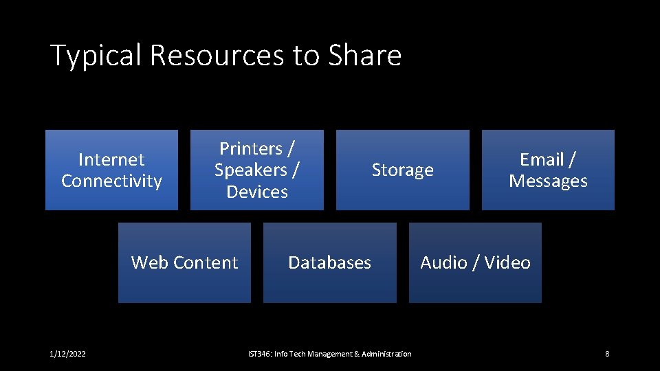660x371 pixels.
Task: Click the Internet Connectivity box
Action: point(111,170)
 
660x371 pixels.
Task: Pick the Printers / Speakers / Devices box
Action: point(256,170)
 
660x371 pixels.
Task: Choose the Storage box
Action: point(402,170)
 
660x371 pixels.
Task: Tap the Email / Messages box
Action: point(548,170)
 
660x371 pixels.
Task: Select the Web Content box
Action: point(184,262)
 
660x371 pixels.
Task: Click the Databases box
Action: point(329,262)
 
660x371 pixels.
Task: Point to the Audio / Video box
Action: point(475,262)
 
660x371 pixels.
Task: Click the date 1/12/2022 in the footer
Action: point(68,354)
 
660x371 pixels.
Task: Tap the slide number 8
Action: point(607,354)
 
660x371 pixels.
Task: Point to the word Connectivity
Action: point(111,181)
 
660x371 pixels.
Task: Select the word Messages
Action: point(548,181)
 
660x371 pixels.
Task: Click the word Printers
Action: point(251,148)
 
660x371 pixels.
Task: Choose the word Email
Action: point(542,159)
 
